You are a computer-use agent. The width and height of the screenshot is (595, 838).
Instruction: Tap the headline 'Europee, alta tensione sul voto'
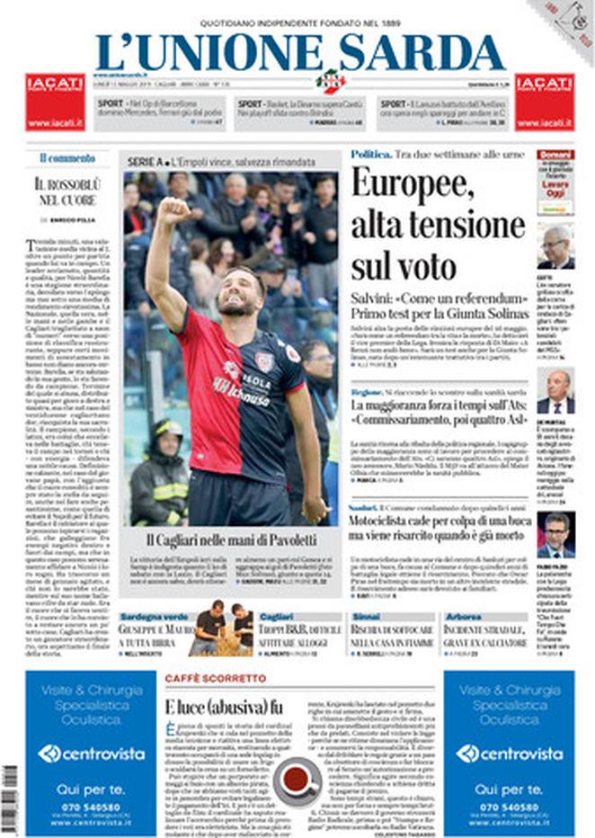[437, 225]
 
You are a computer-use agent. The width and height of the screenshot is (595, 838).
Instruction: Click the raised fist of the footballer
[172, 212]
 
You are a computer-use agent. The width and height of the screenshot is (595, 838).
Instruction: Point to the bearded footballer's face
[237, 295]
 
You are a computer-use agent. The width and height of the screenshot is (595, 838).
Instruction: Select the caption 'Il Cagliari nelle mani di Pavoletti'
[231, 539]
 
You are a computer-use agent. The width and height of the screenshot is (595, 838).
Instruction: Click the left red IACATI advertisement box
[56, 103]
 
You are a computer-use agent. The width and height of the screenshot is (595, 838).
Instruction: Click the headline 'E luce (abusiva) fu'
[224, 706]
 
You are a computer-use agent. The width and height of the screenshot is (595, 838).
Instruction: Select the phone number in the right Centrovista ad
[510, 806]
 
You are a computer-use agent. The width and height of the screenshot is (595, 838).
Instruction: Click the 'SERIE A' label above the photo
[143, 161]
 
